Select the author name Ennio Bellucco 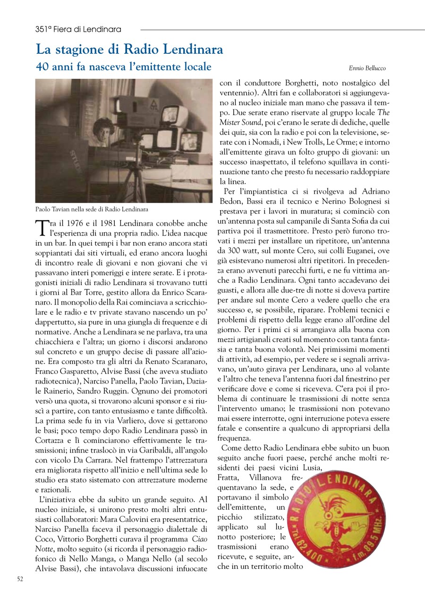pos(367,68)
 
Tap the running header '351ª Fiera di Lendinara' pos(78,29)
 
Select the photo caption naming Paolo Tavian pos(92,209)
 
